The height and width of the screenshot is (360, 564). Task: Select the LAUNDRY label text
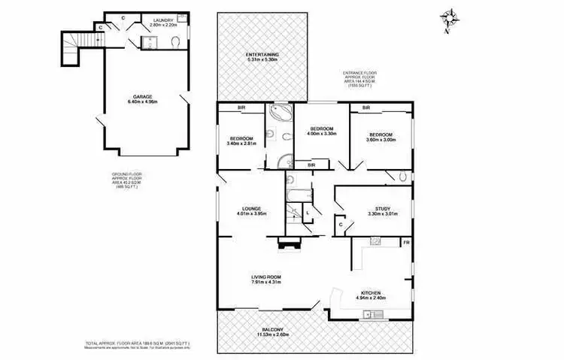point(163,20)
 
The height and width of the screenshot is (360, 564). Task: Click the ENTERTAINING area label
point(262,55)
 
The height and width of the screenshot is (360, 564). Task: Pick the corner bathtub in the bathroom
point(279,116)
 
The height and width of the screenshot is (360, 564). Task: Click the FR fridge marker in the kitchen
point(406,244)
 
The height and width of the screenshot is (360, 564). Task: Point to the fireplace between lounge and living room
point(288,243)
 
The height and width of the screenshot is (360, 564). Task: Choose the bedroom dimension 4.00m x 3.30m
point(321,134)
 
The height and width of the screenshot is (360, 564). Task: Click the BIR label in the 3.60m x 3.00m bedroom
point(365,108)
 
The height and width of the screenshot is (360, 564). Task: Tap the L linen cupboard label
point(308,213)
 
